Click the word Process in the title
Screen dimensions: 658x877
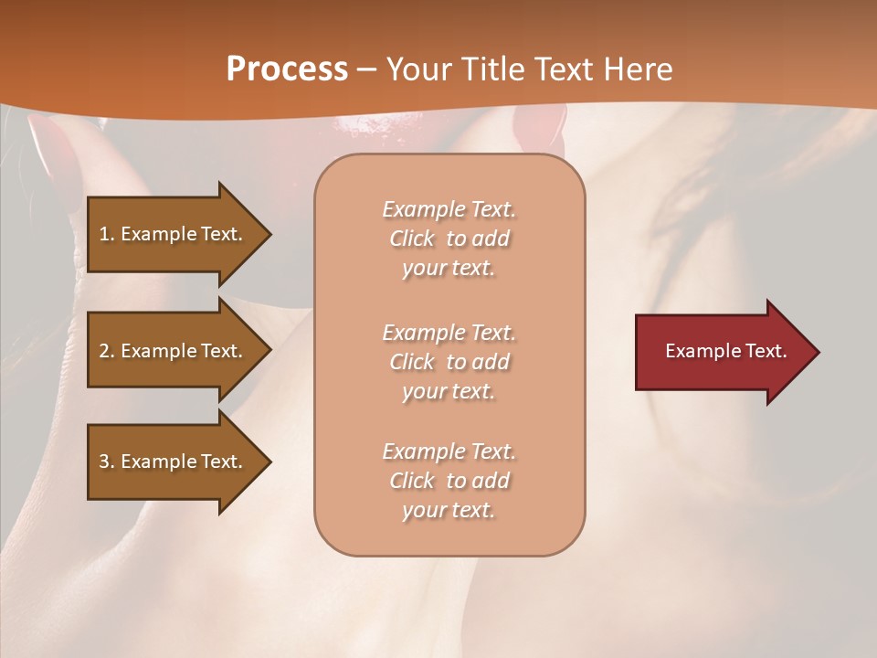tap(287, 69)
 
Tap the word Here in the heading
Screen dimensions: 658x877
tap(636, 69)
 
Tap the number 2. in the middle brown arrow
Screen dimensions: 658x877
tap(107, 351)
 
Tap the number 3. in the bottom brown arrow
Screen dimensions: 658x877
tap(107, 462)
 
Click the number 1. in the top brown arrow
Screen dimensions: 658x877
tap(107, 234)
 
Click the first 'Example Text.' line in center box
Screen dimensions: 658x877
tap(449, 209)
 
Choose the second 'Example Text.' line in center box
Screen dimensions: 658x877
tap(449, 333)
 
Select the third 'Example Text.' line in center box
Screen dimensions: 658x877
tap(449, 451)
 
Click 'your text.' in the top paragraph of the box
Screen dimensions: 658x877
tap(449, 269)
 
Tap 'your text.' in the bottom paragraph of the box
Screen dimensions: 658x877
tap(449, 510)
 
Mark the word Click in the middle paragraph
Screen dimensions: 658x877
tap(412, 362)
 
